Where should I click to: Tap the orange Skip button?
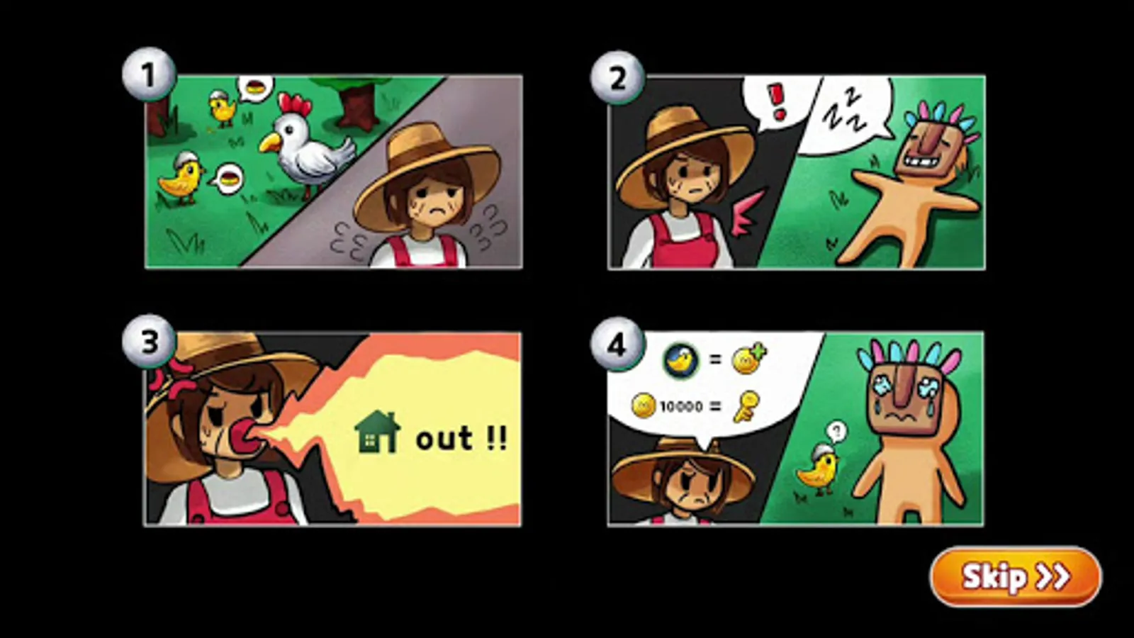(x=1016, y=577)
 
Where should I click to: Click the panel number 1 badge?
(x=149, y=74)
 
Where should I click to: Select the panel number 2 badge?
(x=617, y=78)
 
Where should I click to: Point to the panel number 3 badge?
(x=149, y=342)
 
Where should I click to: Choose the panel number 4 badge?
(x=617, y=345)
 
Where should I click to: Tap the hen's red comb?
(x=295, y=103)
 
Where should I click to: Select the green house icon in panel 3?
(x=377, y=432)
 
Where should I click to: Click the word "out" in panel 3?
(x=444, y=439)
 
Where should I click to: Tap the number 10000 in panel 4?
(x=681, y=407)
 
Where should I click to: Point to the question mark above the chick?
(x=836, y=432)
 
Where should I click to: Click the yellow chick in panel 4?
(x=817, y=469)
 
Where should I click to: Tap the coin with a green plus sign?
(x=749, y=359)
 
